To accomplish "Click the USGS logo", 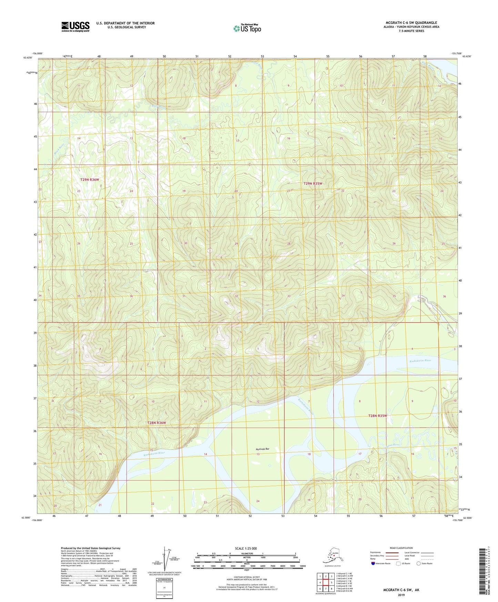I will (75, 27).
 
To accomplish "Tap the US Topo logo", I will (247, 28).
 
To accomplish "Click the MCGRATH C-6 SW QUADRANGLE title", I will (411, 23).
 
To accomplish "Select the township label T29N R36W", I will (90, 180).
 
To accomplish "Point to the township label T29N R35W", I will (313, 183).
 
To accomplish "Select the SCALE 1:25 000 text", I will (246, 549).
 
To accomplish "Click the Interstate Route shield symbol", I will (373, 563).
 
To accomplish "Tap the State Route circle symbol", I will (419, 563).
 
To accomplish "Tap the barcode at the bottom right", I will (483, 571).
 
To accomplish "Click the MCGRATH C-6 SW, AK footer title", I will (401, 590).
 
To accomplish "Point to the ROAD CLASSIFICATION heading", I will (401, 548).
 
